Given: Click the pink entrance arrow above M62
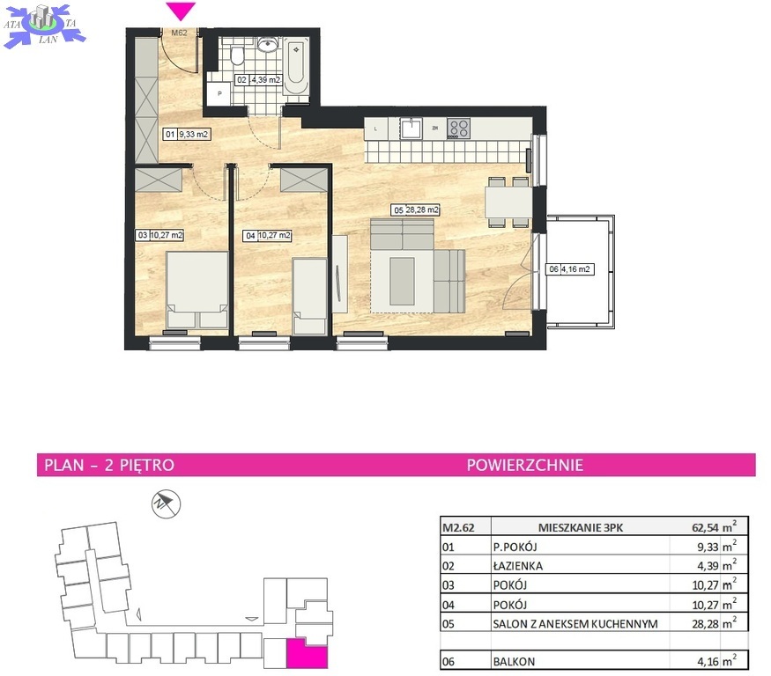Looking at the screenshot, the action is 181,11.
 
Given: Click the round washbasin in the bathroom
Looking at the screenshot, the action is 268,45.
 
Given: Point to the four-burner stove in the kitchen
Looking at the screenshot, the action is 458,129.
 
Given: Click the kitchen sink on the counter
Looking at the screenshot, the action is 411,129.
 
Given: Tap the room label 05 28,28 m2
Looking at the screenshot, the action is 416,209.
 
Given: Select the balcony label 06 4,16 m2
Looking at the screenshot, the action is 569,268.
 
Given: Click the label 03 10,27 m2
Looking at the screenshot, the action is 159,235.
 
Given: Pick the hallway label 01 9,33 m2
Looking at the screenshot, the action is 187,134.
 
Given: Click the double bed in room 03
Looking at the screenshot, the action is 196,290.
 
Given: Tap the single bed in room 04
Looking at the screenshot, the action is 309,297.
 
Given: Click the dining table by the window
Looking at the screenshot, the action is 508,202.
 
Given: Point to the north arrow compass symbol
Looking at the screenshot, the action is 166,503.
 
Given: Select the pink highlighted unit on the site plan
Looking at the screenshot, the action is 307,654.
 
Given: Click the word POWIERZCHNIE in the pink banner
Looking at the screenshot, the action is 524,465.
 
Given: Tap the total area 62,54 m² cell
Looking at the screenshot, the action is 714,527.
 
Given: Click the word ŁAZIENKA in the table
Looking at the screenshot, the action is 518,566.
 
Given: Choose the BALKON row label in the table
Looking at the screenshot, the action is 514,661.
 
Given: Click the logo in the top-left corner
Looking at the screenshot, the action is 44,26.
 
